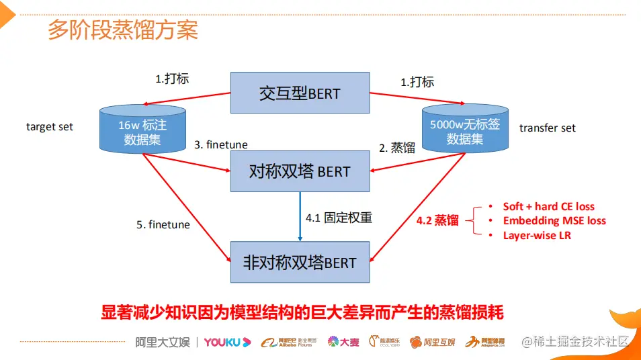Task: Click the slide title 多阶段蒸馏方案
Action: [x=122, y=30]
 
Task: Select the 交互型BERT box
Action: [x=300, y=93]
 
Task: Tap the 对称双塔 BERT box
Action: [x=300, y=171]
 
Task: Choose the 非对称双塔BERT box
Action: [x=300, y=261]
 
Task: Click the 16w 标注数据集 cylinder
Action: [x=142, y=129]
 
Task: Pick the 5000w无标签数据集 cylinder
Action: [x=464, y=129]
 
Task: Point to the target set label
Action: [x=50, y=126]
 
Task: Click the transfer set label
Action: [x=547, y=128]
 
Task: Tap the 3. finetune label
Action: [x=221, y=144]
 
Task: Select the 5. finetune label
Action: [x=163, y=224]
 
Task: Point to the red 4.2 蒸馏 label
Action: [x=437, y=220]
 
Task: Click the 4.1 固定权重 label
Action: [x=339, y=218]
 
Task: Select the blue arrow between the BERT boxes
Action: [x=300, y=214]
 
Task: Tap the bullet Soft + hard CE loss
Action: [x=548, y=206]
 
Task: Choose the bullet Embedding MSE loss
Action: [x=554, y=220]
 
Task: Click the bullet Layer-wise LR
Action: [x=536, y=235]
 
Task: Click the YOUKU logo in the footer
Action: [x=227, y=342]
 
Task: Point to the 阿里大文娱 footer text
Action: [x=159, y=342]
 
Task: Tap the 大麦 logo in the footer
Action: [x=343, y=342]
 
